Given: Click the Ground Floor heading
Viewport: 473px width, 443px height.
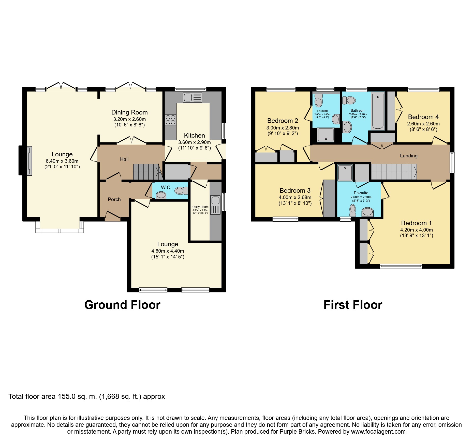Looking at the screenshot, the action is pos(122,305).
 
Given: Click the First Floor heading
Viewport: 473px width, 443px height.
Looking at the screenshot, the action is pos(353,305).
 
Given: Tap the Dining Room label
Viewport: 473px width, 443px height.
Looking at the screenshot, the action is pos(129,112).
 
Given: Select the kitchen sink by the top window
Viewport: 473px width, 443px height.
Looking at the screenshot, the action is pos(193,97).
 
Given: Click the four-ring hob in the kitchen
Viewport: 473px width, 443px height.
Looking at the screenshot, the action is pos(170,120).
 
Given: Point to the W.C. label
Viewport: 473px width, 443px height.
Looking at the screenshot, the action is pos(166,187).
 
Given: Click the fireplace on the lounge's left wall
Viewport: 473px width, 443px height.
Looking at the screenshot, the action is pos(25,160).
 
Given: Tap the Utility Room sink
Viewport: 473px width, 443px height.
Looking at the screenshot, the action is pos(215,205).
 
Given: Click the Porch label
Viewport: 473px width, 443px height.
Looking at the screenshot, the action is pos(114,199).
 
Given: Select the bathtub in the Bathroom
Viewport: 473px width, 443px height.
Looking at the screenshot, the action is pos(378,111).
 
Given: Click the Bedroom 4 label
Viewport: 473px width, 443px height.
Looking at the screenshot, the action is pos(423,117).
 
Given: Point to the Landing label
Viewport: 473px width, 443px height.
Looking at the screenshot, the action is pos(409,156).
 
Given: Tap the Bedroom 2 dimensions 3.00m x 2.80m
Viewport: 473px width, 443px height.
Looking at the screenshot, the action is pos(283,128).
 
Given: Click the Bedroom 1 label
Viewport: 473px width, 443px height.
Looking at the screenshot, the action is pos(417,223).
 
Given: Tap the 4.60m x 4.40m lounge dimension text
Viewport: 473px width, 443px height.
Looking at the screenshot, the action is pos(168,251).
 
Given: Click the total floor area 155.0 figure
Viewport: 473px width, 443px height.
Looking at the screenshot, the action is pos(67,397).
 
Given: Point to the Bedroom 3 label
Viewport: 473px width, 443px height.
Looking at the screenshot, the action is pos(295,190).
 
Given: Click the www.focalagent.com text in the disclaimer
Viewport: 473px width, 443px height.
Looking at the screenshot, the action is pos(378,432).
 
